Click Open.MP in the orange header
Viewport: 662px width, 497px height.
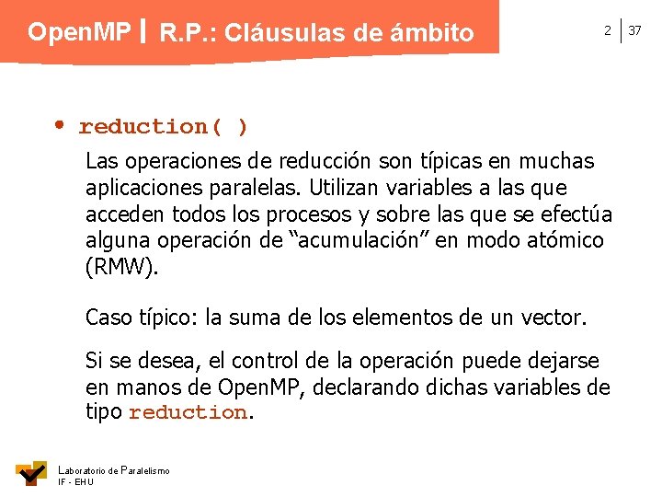pyautogui.click(x=79, y=32)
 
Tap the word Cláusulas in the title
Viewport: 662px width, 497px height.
pyautogui.click(x=282, y=34)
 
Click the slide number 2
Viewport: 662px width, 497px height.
pyautogui.click(x=607, y=31)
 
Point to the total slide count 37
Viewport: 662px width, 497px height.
pyautogui.click(x=635, y=31)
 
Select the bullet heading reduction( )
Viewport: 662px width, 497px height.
pyautogui.click(x=163, y=126)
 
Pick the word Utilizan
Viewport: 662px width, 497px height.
pyautogui.click(x=348, y=188)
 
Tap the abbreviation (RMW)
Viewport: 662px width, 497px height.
pyautogui.click(x=122, y=268)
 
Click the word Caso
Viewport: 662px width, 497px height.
pyautogui.click(x=108, y=318)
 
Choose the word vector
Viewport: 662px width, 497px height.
pyautogui.click(x=554, y=318)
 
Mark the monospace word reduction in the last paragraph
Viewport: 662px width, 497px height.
pyautogui.click(x=188, y=413)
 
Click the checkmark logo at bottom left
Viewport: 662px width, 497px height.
pyautogui.click(x=31, y=472)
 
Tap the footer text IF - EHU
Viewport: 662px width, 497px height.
pyautogui.click(x=74, y=481)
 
